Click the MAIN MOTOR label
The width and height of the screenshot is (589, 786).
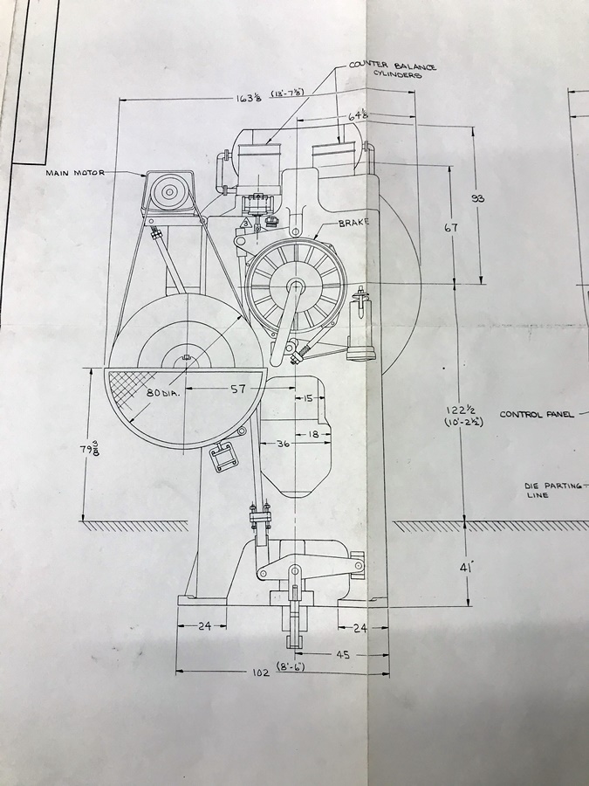tap(75, 173)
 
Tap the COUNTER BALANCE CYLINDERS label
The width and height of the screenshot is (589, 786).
tap(393, 70)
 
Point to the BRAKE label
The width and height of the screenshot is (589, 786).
tap(353, 223)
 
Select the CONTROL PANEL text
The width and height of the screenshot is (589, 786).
tap(536, 415)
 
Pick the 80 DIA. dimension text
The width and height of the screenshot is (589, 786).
tap(163, 393)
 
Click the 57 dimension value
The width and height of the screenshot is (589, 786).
tap(238, 389)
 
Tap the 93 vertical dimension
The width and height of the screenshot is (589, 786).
tap(478, 198)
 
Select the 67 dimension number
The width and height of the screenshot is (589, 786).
tap(451, 228)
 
